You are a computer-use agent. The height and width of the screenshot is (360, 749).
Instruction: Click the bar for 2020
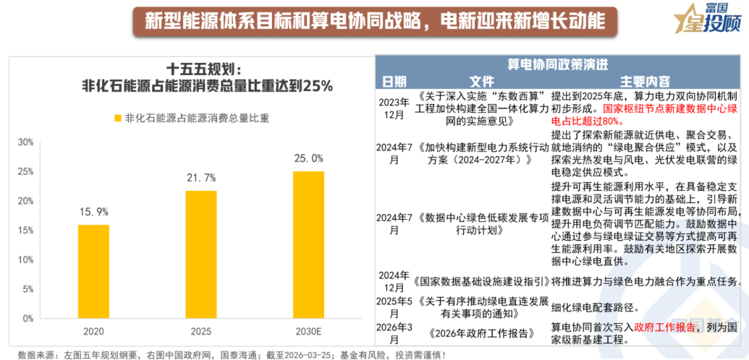[x=93, y=271]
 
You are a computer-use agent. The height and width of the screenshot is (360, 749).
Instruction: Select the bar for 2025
[x=200, y=254]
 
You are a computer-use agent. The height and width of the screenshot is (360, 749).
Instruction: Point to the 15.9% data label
[x=93, y=212]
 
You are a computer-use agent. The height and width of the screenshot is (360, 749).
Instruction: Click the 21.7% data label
[x=200, y=178]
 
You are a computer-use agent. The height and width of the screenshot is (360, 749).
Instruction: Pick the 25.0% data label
[x=308, y=158]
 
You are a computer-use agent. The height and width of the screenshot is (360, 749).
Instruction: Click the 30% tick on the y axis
[x=26, y=142]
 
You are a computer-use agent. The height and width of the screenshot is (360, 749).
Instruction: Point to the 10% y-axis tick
[x=26, y=259]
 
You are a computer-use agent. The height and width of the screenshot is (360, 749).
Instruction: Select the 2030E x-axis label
[x=308, y=332]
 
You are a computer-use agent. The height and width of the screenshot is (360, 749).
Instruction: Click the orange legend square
[x=117, y=118]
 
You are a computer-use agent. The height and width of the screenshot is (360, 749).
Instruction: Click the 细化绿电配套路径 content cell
[x=595, y=307]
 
